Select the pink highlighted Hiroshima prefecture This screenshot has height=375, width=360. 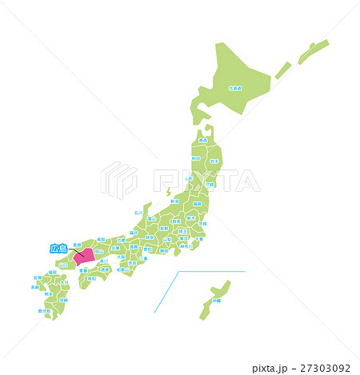point(82,257)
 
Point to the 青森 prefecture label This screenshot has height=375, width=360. point(202,141)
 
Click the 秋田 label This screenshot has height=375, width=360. point(196,158)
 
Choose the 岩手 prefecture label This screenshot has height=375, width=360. point(212,161)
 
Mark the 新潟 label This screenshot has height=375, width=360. point(174,201)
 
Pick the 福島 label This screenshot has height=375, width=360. point(197,204)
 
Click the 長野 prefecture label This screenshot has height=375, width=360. point(164,228)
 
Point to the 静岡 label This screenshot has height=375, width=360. point(164,250)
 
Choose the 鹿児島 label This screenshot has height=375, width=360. point(44,310)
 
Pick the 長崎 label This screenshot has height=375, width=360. point(37,287)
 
